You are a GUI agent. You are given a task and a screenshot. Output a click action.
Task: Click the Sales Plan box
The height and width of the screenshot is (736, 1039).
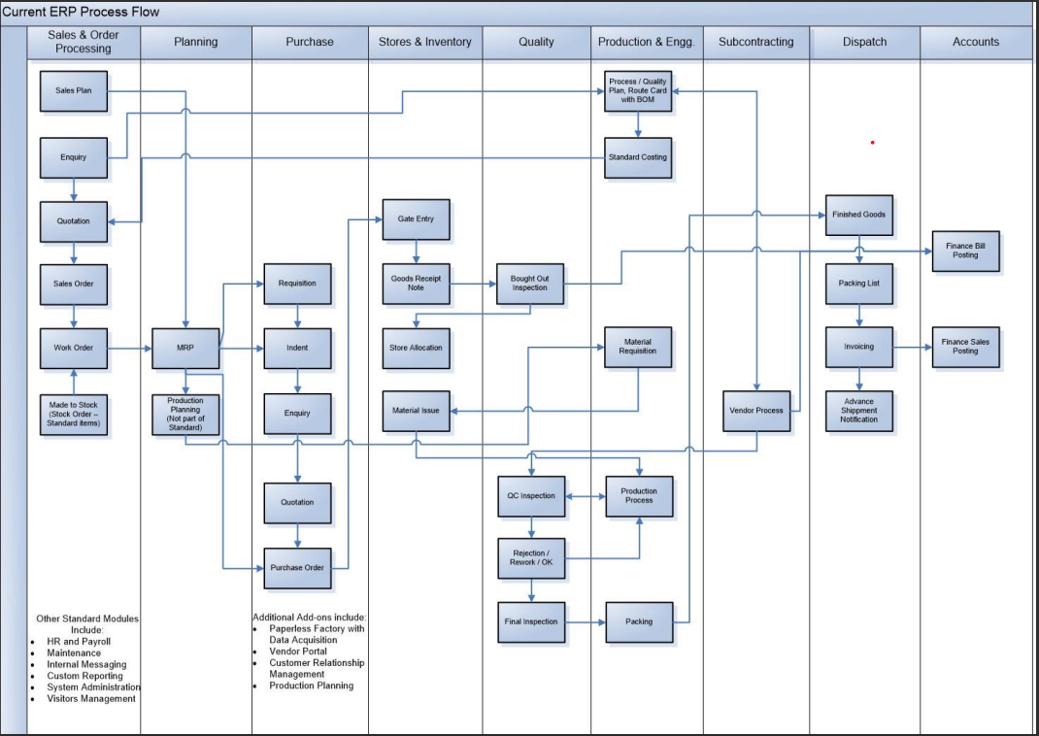[x=73, y=90]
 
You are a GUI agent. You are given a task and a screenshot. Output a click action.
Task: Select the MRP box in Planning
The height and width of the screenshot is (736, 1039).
[x=184, y=348]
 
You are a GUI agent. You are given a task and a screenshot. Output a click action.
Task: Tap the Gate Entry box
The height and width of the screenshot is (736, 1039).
[x=416, y=219]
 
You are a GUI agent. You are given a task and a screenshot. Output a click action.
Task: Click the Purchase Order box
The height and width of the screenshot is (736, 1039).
[x=297, y=568]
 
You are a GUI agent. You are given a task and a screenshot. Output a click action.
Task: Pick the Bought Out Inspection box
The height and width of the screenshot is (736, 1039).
[x=529, y=284]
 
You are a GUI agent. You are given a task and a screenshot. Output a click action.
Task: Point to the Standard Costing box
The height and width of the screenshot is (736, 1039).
[x=638, y=157]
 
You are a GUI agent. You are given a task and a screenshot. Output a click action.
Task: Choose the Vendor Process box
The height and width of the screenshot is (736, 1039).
[x=755, y=411]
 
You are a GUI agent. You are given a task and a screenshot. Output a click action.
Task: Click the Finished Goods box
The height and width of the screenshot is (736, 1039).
[x=858, y=215]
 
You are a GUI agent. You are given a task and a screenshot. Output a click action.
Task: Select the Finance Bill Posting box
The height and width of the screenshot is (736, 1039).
[x=965, y=251]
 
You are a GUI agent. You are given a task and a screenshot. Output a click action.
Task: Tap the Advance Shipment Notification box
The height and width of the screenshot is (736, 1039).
[x=858, y=411]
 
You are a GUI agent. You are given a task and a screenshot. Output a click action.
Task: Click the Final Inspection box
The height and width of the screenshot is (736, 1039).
[x=531, y=621]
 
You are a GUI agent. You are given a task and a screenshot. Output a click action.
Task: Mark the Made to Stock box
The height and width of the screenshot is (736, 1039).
[x=73, y=414]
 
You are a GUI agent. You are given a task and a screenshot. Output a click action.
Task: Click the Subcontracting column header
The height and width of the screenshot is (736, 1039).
[x=755, y=42]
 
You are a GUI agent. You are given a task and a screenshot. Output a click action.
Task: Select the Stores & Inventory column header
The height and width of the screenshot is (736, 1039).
[x=424, y=42]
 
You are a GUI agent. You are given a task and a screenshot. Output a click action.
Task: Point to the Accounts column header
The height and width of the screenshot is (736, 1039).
[x=975, y=42]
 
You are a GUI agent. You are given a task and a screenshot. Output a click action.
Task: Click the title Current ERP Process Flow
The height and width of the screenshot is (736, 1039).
[x=82, y=12]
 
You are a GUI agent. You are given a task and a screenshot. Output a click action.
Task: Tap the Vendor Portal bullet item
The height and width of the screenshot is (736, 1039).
[x=298, y=652]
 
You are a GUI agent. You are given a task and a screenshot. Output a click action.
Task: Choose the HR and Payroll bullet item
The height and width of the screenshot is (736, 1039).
[x=79, y=642]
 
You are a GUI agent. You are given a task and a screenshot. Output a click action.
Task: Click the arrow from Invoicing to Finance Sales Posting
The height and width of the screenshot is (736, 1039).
[x=912, y=347]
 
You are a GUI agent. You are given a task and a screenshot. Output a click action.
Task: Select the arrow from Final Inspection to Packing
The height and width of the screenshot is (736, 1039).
[x=585, y=621]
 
